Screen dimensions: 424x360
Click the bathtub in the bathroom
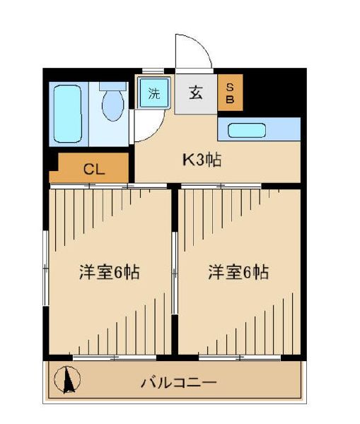pyautogui.click(x=69, y=112)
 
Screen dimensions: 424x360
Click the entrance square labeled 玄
pyautogui.click(x=196, y=93)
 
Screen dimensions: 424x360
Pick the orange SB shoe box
pyautogui.click(x=230, y=93)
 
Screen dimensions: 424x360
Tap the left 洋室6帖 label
pyautogui.click(x=108, y=272)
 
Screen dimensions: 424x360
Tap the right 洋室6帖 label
pyautogui.click(x=238, y=272)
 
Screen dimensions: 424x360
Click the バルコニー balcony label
pyautogui.click(x=178, y=382)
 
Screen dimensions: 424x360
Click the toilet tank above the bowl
pyautogui.click(x=112, y=86)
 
